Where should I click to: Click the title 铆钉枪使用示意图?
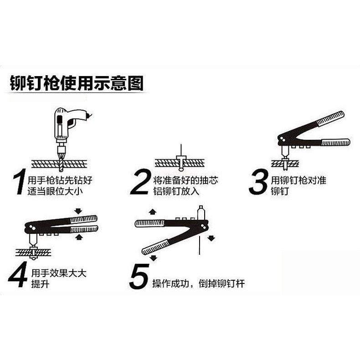77,83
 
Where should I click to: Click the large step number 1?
19,182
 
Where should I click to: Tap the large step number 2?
141,182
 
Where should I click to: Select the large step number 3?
258,182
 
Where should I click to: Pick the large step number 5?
139,276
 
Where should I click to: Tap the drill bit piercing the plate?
61,161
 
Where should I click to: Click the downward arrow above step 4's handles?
78,211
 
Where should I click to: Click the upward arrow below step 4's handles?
78,237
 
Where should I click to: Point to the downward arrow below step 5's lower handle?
153,258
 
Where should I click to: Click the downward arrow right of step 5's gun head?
211,238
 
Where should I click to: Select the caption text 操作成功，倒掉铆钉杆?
199,283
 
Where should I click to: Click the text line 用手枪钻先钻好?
60,180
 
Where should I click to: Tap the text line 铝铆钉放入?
176,191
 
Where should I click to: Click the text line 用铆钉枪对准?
298,180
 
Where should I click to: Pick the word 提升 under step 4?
41,284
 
